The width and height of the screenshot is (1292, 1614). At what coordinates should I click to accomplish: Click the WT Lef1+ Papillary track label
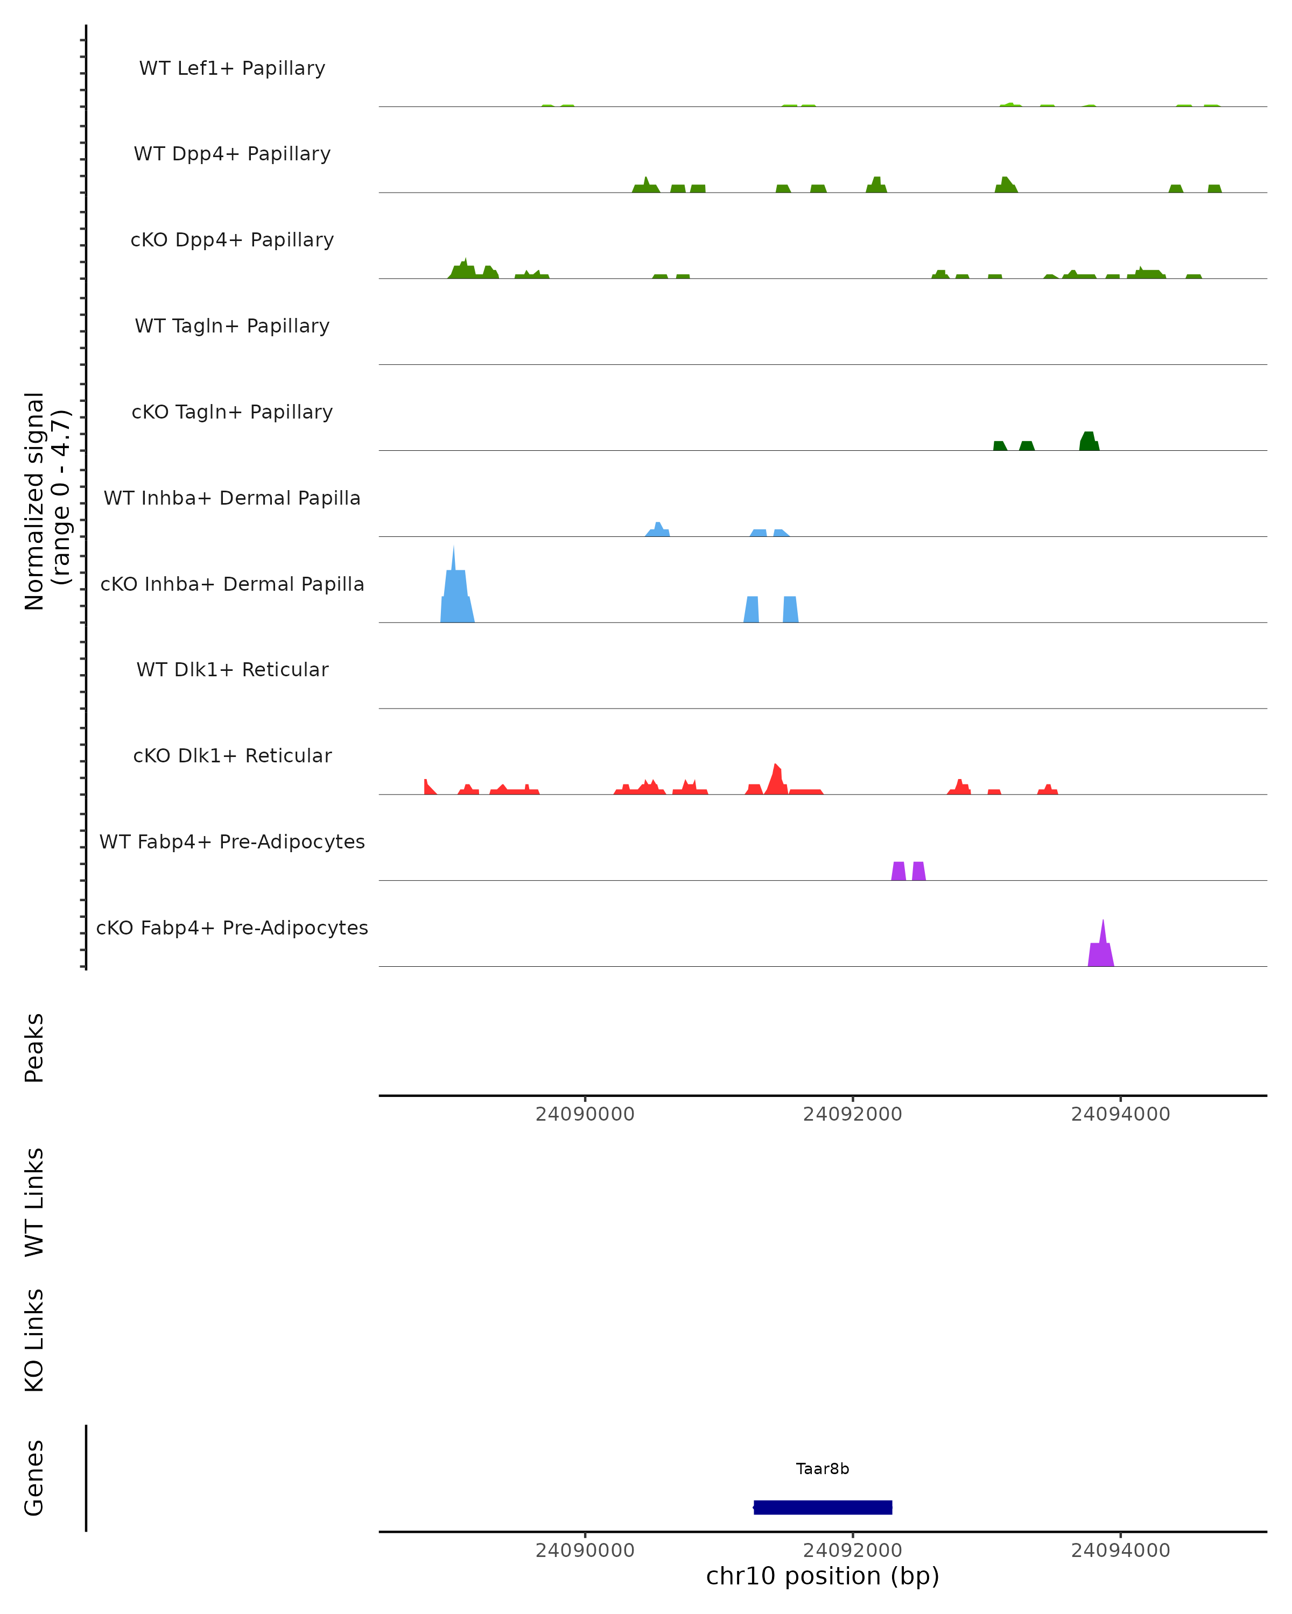coord(232,68)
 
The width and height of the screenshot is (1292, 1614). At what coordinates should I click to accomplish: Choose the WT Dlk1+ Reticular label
coord(232,669)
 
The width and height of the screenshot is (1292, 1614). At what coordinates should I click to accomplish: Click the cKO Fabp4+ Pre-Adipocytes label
coord(232,928)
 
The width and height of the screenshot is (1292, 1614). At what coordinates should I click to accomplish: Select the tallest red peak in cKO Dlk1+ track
coord(777,778)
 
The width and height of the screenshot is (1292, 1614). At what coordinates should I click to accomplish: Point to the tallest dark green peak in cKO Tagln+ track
coord(1089,441)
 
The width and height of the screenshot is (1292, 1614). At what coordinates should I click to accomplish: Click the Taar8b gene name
coord(823,1468)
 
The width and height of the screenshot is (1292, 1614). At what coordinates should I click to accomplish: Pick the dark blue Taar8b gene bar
coord(823,1507)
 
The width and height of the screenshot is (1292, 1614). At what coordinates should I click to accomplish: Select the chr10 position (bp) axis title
coord(823,1575)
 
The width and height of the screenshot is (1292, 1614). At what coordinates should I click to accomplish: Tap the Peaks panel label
coord(34,1047)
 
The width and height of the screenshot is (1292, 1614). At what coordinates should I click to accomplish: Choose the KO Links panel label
coord(34,1340)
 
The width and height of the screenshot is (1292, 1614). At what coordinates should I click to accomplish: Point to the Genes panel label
coord(34,1478)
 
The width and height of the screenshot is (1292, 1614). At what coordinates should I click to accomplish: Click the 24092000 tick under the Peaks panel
coord(852,1114)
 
